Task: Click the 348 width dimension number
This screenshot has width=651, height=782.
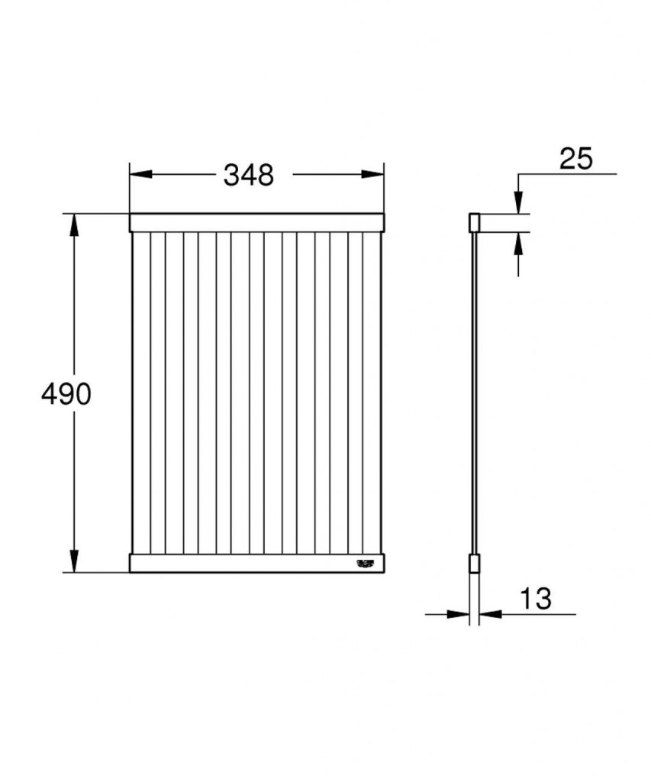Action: point(248,175)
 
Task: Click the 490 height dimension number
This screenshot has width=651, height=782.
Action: point(66,394)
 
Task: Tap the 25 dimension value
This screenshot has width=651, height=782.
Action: point(575,158)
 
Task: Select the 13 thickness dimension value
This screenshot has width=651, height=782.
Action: point(537,599)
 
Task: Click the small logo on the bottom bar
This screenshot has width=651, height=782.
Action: point(366,564)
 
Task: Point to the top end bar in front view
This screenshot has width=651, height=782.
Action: point(256,222)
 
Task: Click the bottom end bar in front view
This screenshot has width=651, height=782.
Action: point(256,564)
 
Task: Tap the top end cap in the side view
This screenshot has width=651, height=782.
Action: point(473,222)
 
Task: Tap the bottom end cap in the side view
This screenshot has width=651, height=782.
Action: point(473,564)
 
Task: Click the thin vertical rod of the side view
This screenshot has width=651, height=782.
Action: point(473,394)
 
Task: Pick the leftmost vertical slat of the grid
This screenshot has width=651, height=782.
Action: point(141,393)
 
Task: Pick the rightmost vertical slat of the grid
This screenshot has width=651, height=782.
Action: point(372,393)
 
